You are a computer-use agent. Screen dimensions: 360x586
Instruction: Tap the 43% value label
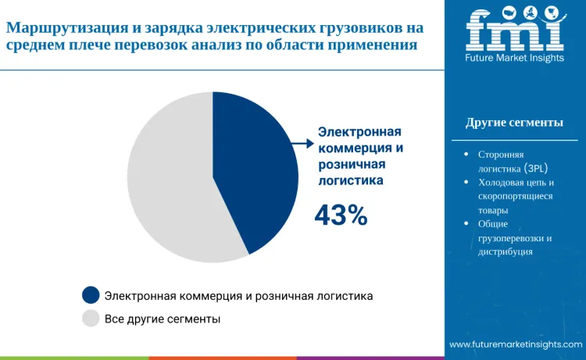[x=341, y=216]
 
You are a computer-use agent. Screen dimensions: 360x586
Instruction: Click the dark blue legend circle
[x=91, y=296]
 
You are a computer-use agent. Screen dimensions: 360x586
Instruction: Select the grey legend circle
[x=91, y=319]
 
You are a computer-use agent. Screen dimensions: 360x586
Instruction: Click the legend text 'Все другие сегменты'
[x=163, y=319]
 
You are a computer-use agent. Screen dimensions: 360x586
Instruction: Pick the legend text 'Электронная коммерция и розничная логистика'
[x=238, y=296]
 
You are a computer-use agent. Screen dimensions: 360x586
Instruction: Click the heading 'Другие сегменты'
[x=514, y=123]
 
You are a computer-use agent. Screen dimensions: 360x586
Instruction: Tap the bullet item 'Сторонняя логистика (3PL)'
[x=513, y=161]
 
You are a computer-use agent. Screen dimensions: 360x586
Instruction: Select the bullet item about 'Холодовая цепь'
[x=515, y=196]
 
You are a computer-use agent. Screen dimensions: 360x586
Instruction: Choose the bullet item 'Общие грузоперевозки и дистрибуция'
[x=515, y=237]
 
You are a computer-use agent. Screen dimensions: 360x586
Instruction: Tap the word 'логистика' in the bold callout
[x=351, y=180]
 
